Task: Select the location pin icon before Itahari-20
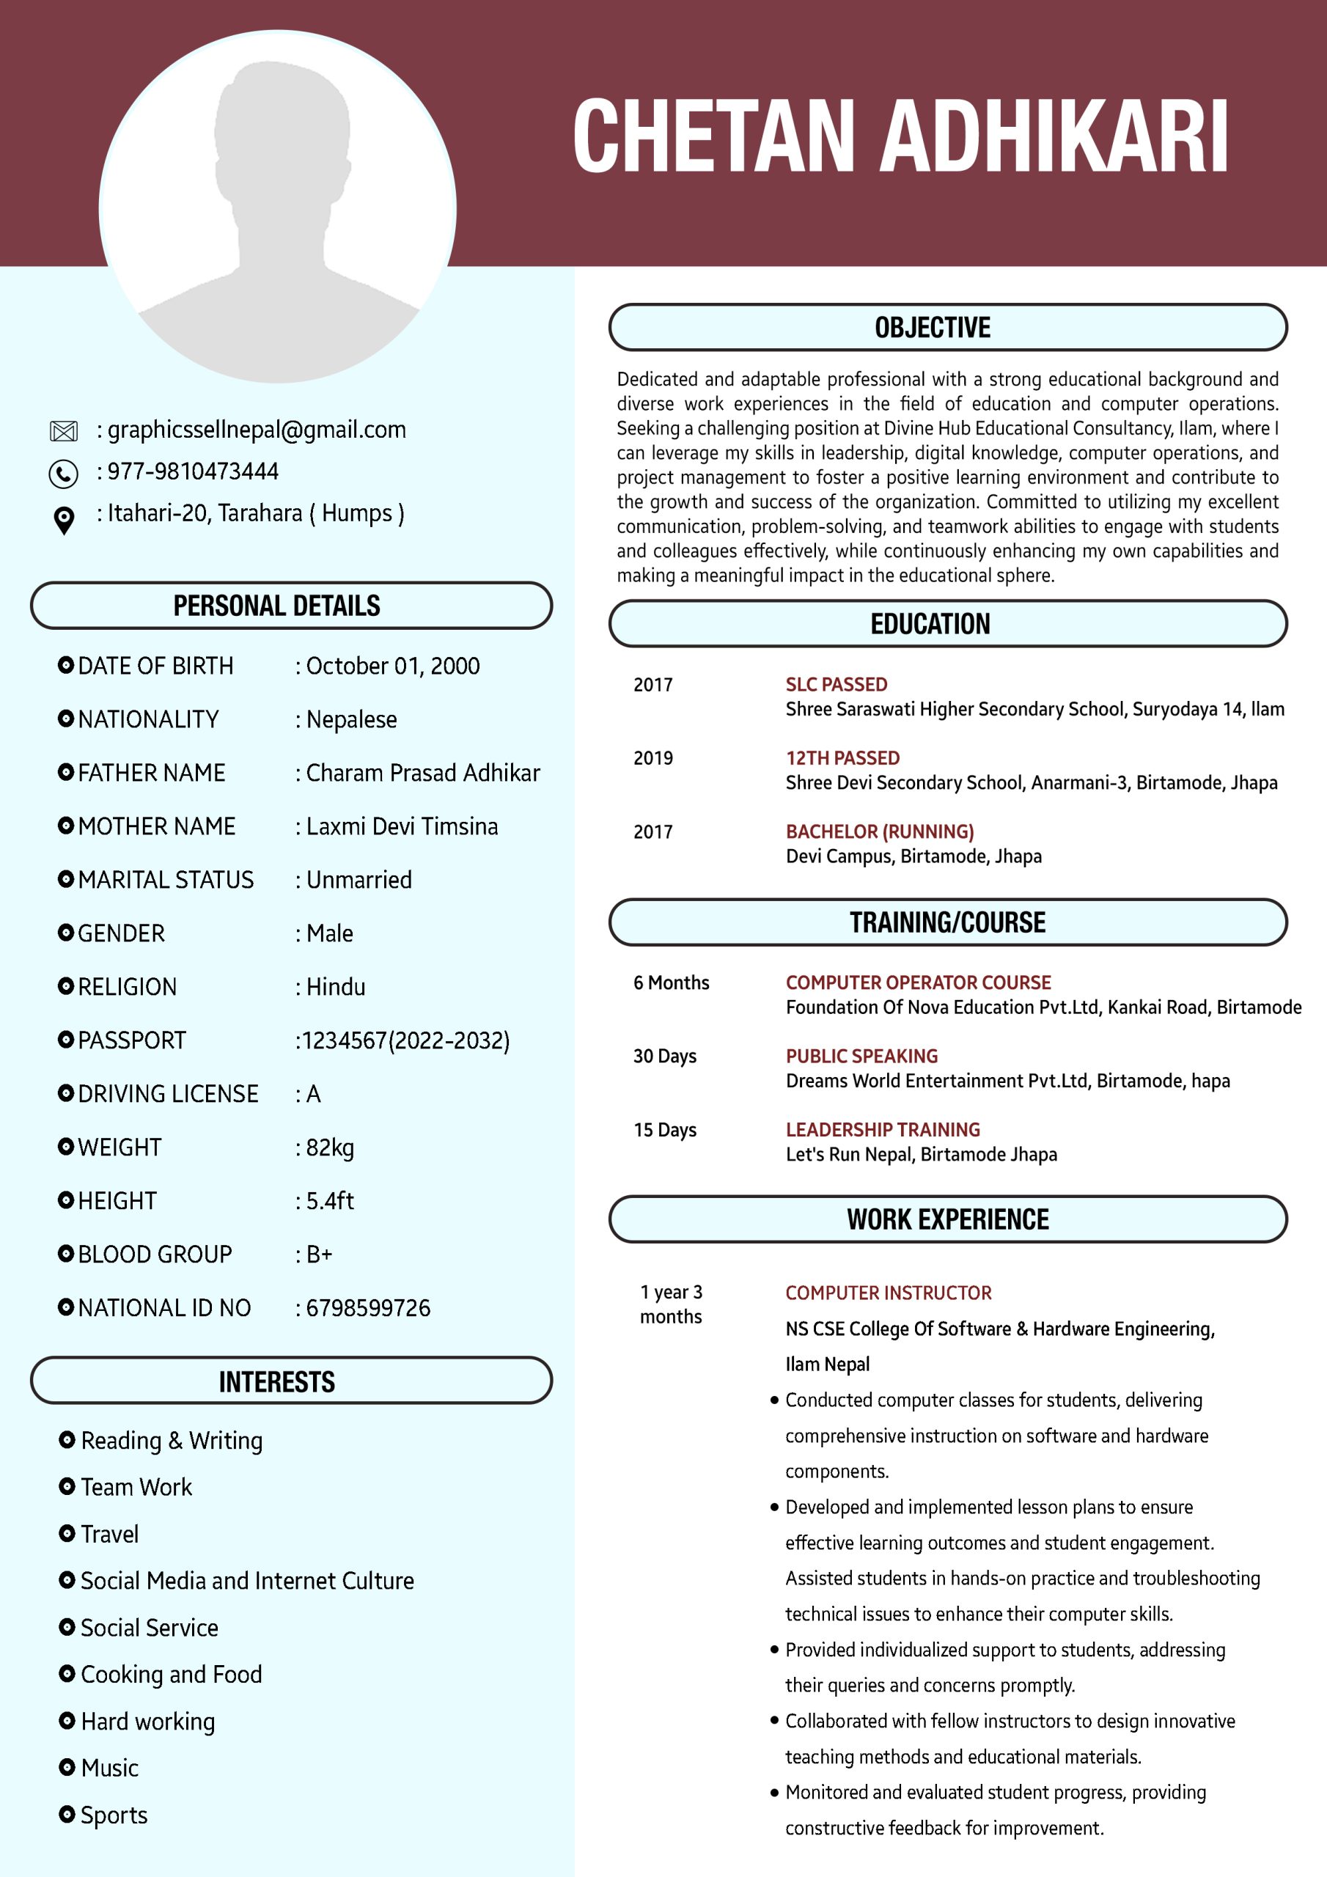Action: pos(64,519)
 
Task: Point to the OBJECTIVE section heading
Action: pos(932,328)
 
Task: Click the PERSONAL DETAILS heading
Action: pos(276,606)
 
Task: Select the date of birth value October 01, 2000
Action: pos(392,666)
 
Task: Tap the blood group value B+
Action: pos(319,1254)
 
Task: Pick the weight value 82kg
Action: pos(329,1147)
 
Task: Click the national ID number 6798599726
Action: pos(368,1308)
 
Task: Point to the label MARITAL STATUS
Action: pos(166,881)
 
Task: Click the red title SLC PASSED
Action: pos(837,684)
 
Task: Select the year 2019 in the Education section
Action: pos(653,758)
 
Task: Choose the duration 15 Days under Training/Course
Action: pos(665,1130)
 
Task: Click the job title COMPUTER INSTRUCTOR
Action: pos(888,1293)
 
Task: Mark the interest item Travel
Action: pos(109,1535)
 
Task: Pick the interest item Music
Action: pos(109,1768)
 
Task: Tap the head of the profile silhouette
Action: pos(282,131)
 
